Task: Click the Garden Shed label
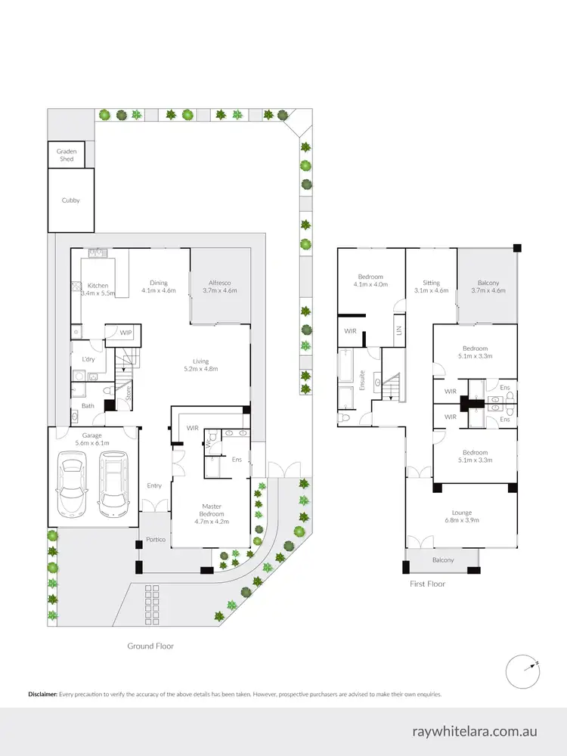(67, 155)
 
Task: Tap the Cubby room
(70, 200)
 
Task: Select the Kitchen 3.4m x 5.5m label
(98, 289)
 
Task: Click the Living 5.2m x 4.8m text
(200, 365)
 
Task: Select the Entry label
(154, 486)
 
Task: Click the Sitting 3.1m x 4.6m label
(431, 286)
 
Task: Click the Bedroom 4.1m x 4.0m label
(370, 280)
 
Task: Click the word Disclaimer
(42, 693)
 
